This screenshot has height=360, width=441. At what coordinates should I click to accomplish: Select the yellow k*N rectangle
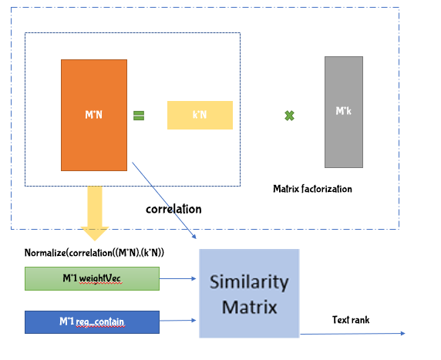click(x=200, y=115)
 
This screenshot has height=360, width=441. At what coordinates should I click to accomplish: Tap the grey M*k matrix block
click(x=343, y=112)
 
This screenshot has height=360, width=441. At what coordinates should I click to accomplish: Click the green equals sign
click(x=139, y=116)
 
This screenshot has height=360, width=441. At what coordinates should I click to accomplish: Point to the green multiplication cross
click(x=290, y=116)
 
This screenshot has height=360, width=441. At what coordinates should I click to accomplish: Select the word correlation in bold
click(x=173, y=209)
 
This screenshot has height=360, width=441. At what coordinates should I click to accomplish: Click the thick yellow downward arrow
click(x=95, y=212)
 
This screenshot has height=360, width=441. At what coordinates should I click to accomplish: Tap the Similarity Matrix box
click(x=248, y=294)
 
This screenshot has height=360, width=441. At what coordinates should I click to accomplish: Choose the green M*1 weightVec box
click(x=92, y=278)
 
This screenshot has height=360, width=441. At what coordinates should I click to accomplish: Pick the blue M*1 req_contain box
click(x=92, y=321)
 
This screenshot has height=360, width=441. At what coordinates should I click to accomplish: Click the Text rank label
click(x=351, y=319)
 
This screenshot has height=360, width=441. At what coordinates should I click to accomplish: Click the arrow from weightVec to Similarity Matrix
click(x=179, y=278)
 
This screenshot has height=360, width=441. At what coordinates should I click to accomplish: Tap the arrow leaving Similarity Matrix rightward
click(x=351, y=333)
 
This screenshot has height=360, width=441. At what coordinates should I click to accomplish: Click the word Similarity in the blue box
click(x=248, y=282)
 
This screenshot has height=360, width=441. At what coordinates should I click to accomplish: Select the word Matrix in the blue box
click(x=248, y=307)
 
